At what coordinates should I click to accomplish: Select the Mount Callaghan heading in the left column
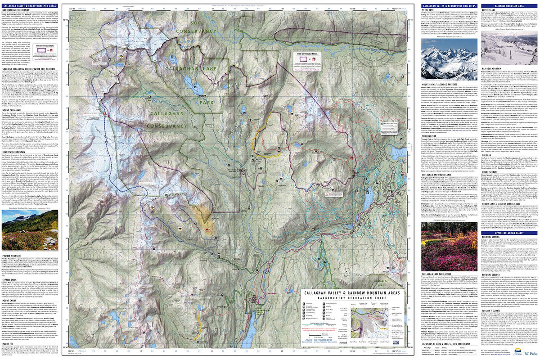(14, 110)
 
